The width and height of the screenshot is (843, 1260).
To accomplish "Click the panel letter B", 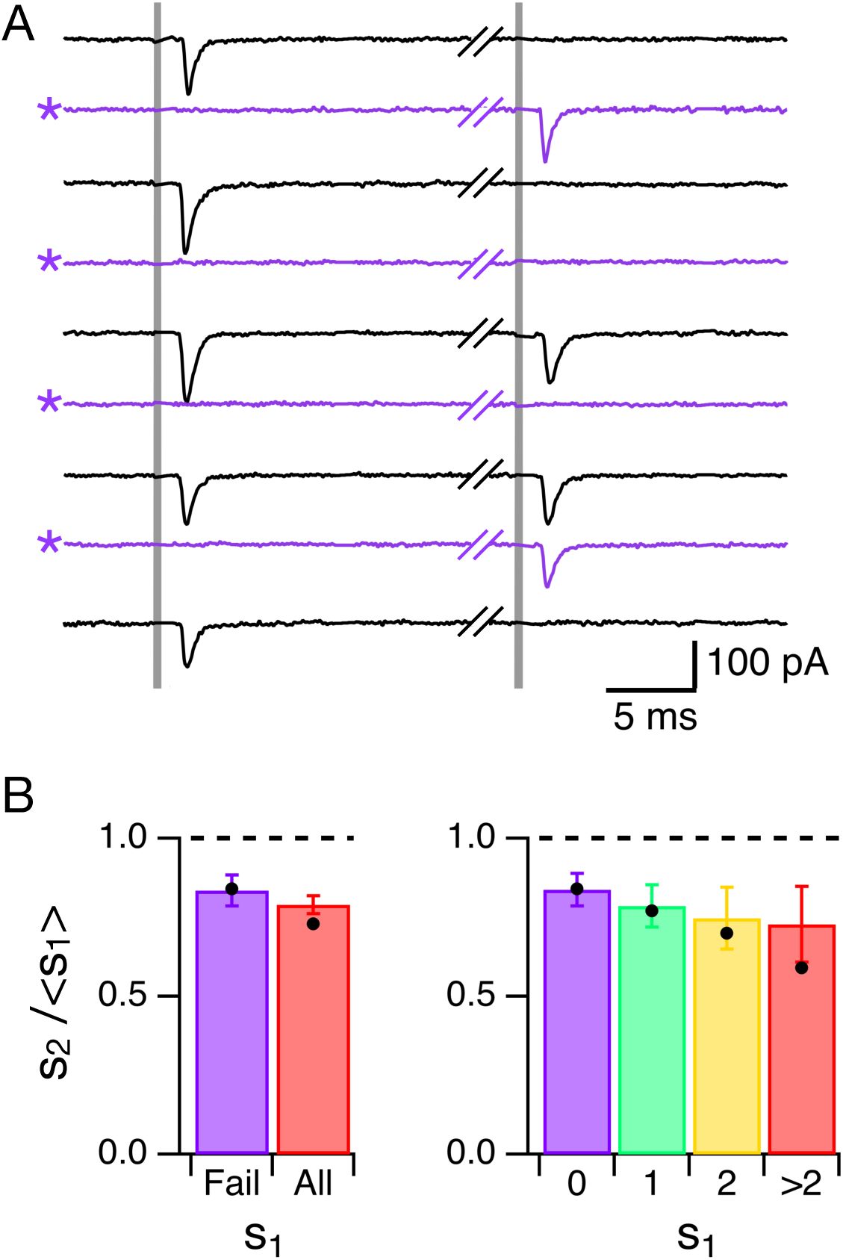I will (x=19, y=797).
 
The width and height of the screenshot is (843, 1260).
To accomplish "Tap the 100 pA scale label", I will (x=768, y=662).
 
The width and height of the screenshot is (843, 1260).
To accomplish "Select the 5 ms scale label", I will (x=655, y=716).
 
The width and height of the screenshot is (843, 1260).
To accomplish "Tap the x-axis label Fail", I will (x=231, y=1184).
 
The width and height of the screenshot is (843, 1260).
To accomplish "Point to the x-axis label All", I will (x=313, y=1184).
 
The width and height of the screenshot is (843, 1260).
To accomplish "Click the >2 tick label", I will (x=801, y=1184).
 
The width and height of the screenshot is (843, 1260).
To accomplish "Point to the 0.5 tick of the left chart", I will (x=122, y=996).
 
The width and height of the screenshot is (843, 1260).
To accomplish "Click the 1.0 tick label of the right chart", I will (x=471, y=838).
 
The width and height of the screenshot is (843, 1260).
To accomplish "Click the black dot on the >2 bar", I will (x=801, y=968).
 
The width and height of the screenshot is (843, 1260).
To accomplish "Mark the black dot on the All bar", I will (x=313, y=924).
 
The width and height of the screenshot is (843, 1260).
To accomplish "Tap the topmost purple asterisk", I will (x=49, y=111).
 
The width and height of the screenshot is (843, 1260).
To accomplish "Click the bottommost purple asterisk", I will (x=49, y=543).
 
